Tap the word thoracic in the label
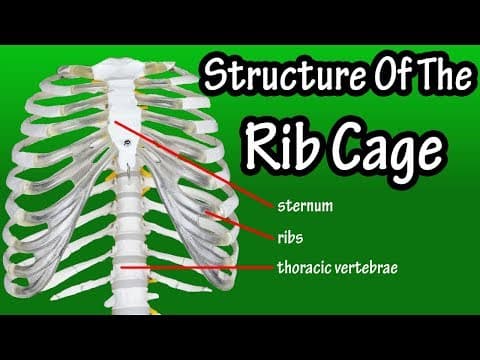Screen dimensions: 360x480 308,267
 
